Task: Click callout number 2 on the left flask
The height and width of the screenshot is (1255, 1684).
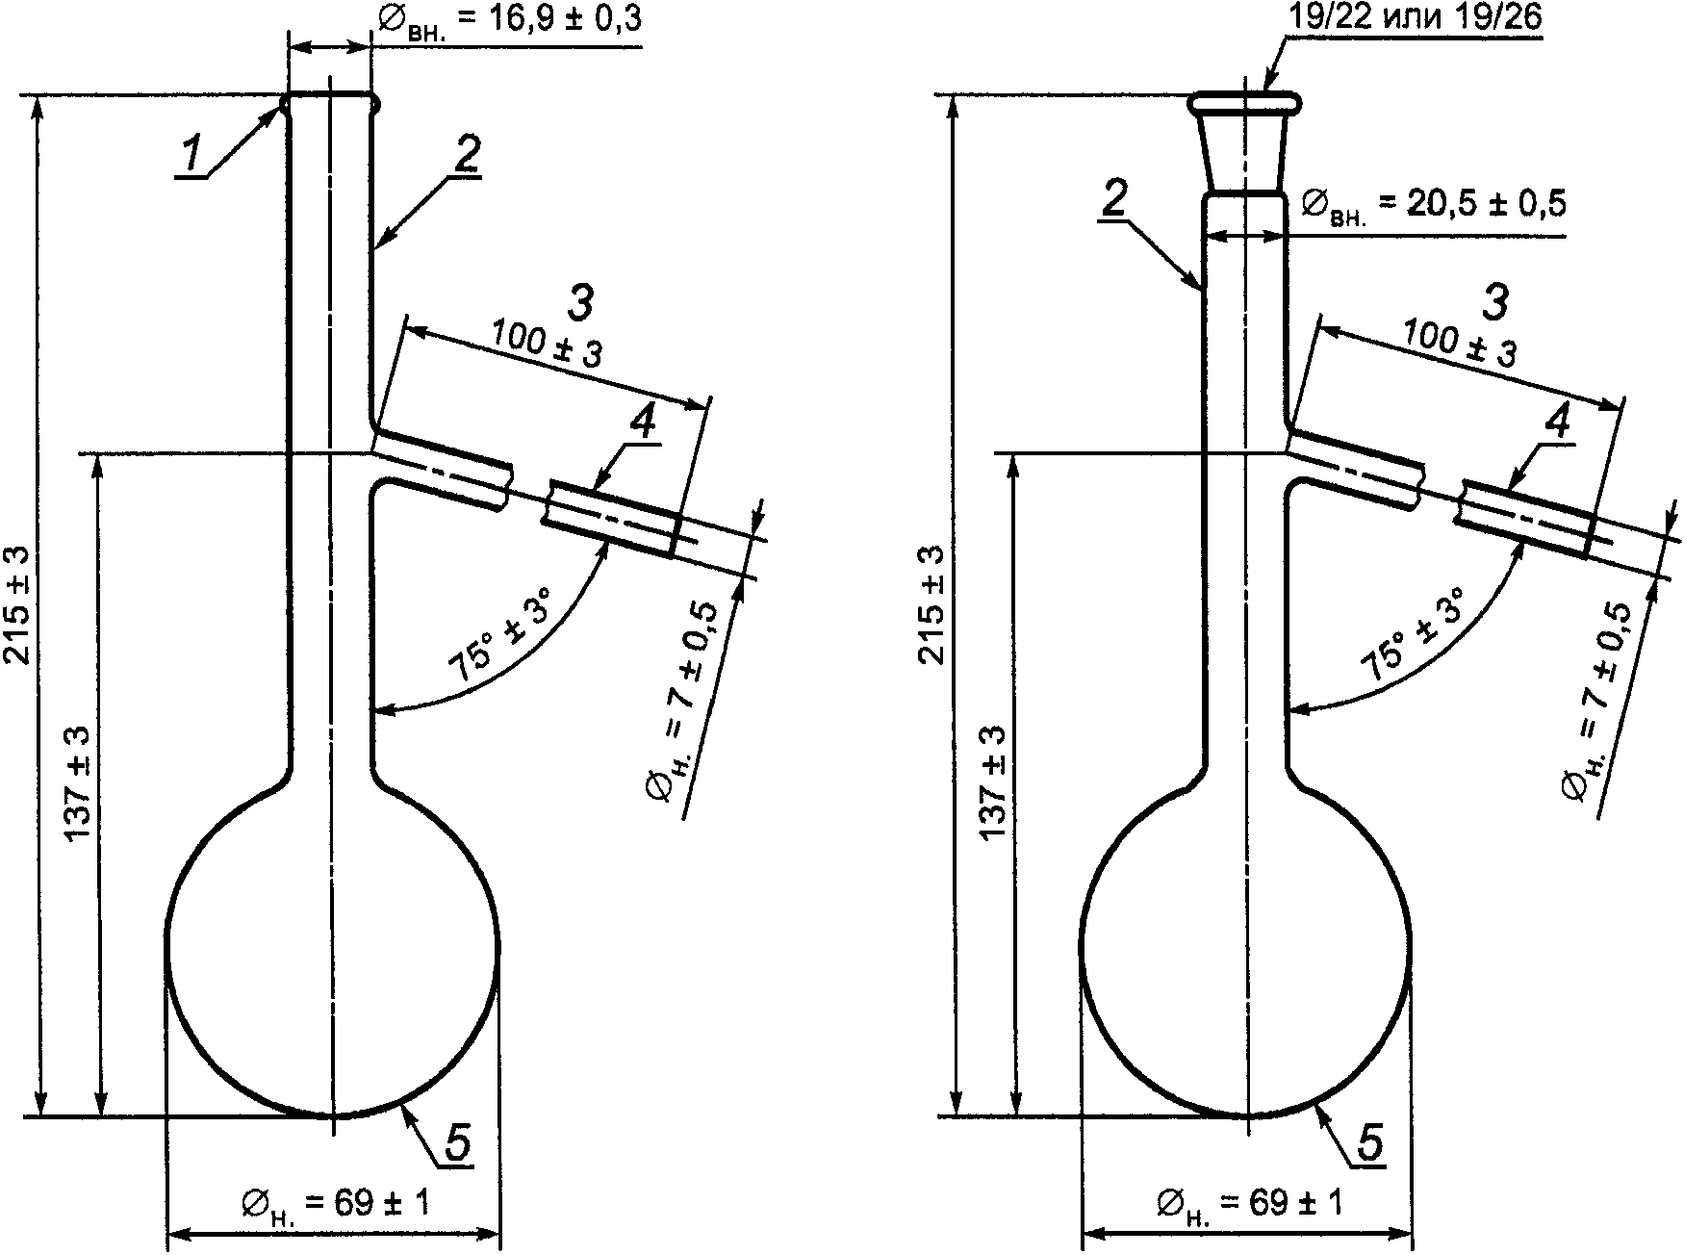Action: pos(466,153)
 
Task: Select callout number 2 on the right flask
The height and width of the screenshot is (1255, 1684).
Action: pos(1113,199)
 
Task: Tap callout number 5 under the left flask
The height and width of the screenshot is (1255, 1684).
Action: pos(457,1142)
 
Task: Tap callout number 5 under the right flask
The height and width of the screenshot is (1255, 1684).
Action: pos(1370,1142)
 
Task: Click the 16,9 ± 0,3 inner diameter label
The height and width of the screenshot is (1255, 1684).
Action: pos(511,21)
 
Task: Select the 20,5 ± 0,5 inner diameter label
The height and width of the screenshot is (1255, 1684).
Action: pos(1433,204)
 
